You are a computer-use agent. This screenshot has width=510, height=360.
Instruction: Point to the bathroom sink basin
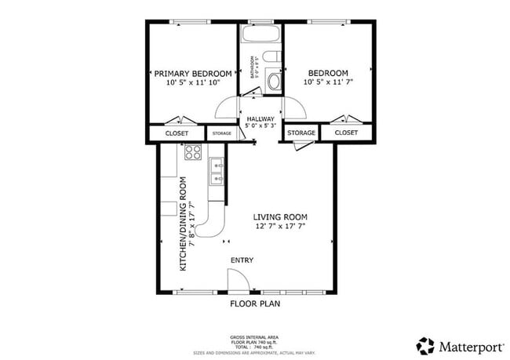(273, 81)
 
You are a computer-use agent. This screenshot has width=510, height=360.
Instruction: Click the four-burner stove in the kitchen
(194, 152)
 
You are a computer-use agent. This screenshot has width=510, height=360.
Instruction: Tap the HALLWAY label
(260, 118)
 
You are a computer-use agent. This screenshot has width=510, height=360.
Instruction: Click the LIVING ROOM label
(279, 217)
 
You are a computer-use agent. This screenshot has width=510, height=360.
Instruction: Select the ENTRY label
(242, 260)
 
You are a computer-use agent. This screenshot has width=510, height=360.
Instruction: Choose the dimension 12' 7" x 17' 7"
(279, 227)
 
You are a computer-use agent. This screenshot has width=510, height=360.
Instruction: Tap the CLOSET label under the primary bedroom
(177, 133)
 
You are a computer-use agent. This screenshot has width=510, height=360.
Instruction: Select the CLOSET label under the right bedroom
(346, 133)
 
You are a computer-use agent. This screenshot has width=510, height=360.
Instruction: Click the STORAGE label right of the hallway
(301, 133)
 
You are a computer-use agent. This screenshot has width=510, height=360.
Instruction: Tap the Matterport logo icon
(425, 345)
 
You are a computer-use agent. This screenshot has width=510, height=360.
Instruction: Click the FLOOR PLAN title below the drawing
(254, 303)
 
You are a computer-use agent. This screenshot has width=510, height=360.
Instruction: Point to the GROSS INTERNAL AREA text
(254, 335)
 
